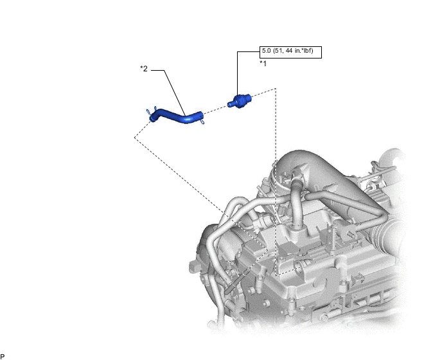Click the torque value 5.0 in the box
[266, 51]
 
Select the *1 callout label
[263, 64]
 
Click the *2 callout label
[144, 69]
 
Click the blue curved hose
[177, 116]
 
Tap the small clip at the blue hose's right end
[202, 122]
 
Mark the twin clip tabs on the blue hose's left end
[151, 111]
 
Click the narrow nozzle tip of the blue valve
[230, 105]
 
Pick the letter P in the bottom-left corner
[3, 357]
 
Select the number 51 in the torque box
[279, 51]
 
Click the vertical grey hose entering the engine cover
[296, 203]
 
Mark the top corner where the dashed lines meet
[276, 89]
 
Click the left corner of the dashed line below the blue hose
[134, 138]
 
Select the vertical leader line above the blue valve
[237, 73]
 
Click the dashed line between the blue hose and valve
[216, 110]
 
